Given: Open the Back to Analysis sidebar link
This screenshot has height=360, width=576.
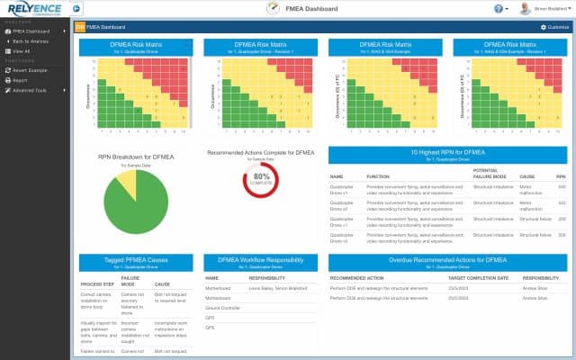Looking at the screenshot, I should coord(31,41).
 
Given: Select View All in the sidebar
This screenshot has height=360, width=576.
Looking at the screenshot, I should coord(22,51).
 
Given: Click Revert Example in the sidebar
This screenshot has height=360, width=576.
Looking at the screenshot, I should coord(31,70).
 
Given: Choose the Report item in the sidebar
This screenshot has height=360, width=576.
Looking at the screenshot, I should coord(20,80).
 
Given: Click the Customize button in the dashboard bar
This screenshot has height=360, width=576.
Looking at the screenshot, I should coord(554,27).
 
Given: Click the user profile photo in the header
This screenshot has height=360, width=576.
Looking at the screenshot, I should coord(524,9).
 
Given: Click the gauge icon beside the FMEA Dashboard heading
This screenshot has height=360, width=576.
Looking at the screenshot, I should coord(273,9).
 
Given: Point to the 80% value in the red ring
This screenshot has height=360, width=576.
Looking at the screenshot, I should coord(260,177).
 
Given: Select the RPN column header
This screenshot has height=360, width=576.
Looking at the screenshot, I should coord(562,176).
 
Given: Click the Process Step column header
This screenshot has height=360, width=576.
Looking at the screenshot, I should coord(94,283).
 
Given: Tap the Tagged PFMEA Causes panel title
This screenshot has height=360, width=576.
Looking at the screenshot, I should coord(134,261).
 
